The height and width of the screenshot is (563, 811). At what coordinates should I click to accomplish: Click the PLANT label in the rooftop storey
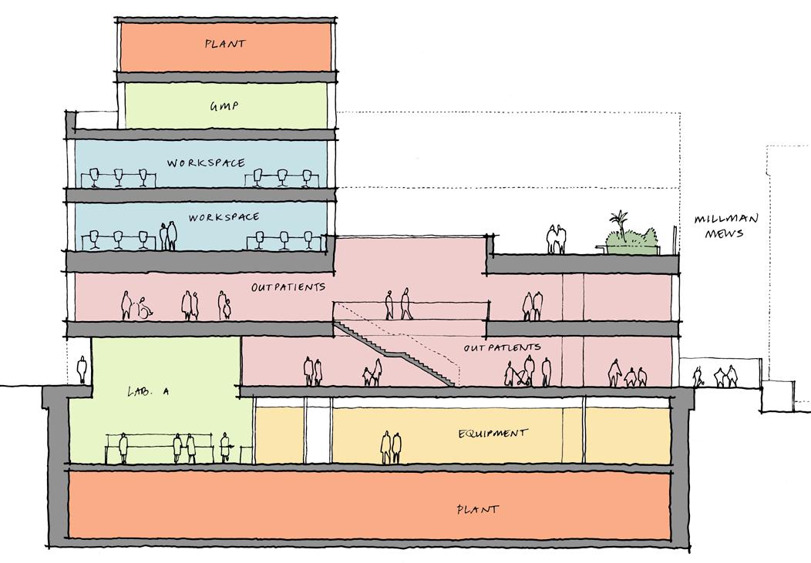pyautogui.click(x=225, y=44)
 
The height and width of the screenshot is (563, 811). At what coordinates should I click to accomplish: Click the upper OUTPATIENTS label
pyautogui.click(x=288, y=287)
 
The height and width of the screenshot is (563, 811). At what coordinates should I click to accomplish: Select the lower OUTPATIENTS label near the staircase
pyautogui.click(x=503, y=348)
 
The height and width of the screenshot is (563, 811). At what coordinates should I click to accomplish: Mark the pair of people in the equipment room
pyautogui.click(x=391, y=447)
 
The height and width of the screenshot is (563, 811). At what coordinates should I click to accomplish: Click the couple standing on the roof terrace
pyautogui.click(x=557, y=240)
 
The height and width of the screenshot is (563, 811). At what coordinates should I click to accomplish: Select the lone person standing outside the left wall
pyautogui.click(x=82, y=370)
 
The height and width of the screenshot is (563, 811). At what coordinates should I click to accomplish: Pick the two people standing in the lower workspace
pyautogui.click(x=168, y=236)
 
